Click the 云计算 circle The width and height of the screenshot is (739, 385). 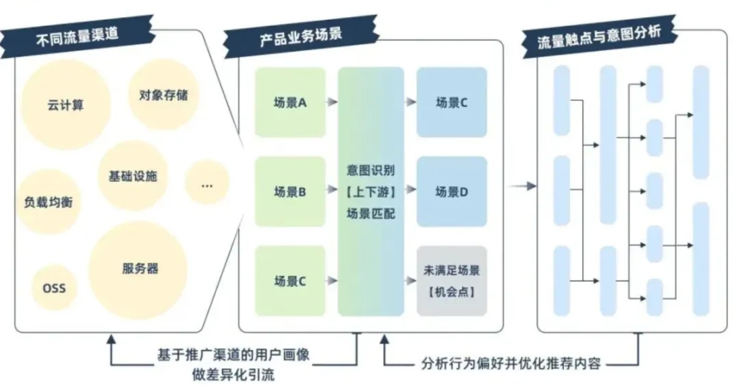tap(66, 105)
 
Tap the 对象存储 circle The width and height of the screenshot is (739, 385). tap(163, 95)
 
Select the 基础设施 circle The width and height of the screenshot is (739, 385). tap(133, 176)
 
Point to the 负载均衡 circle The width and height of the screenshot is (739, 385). tap(48, 201)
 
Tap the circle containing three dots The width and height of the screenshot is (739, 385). tap(207, 182)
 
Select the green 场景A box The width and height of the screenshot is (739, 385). tap(289, 103)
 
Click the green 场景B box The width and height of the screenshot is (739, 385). tap(289, 192)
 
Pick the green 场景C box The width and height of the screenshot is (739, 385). tap(289, 281)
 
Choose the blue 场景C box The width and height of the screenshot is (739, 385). tap(452, 103)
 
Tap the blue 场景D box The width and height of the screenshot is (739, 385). tap(452, 192)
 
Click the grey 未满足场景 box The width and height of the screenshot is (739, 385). tap(452, 281)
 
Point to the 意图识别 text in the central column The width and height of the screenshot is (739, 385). tap(371, 169)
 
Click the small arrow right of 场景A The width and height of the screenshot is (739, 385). tap(331, 103)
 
